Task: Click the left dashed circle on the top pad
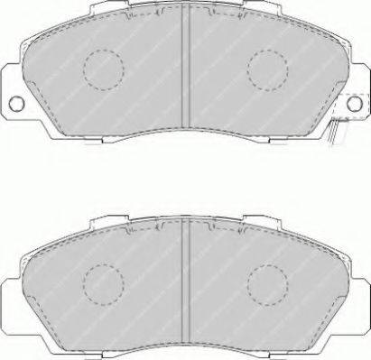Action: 102,66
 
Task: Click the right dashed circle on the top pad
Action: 268,66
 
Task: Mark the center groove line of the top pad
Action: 185,72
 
